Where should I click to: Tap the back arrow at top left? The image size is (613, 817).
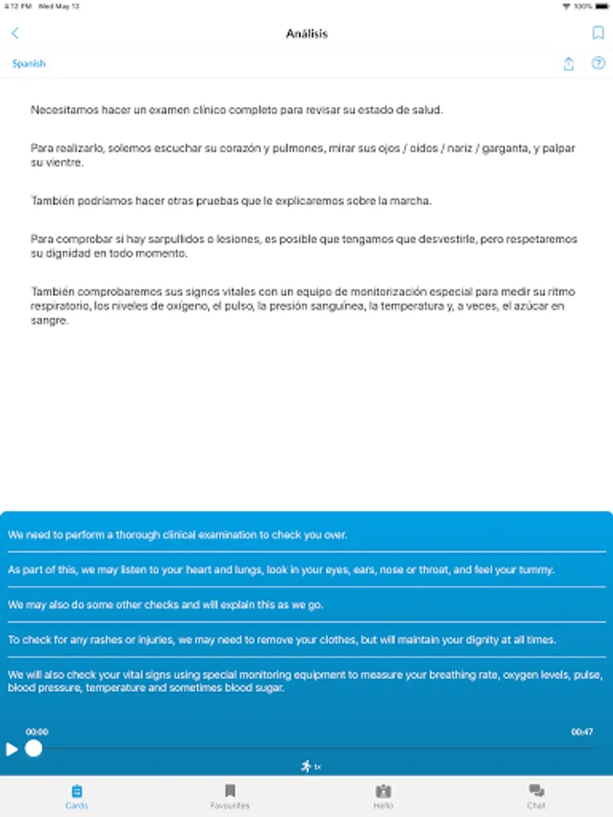[15, 34]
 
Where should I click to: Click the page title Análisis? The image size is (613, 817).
[306, 34]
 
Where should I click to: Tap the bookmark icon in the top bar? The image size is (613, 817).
[598, 34]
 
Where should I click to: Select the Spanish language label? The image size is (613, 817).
[29, 64]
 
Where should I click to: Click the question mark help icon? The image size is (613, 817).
[598, 64]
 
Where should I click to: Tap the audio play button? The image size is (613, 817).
[12, 749]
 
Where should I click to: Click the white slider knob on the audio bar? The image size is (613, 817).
[34, 749]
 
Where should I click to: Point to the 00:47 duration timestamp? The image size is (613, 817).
[581, 732]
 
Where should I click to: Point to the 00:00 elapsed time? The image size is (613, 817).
[37, 732]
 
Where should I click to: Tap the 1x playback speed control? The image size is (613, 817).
[311, 766]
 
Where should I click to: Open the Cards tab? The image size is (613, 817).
[77, 796]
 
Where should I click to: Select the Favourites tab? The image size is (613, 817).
[230, 796]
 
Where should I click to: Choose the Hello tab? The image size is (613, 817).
[383, 796]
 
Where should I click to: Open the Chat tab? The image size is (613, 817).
[536, 796]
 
